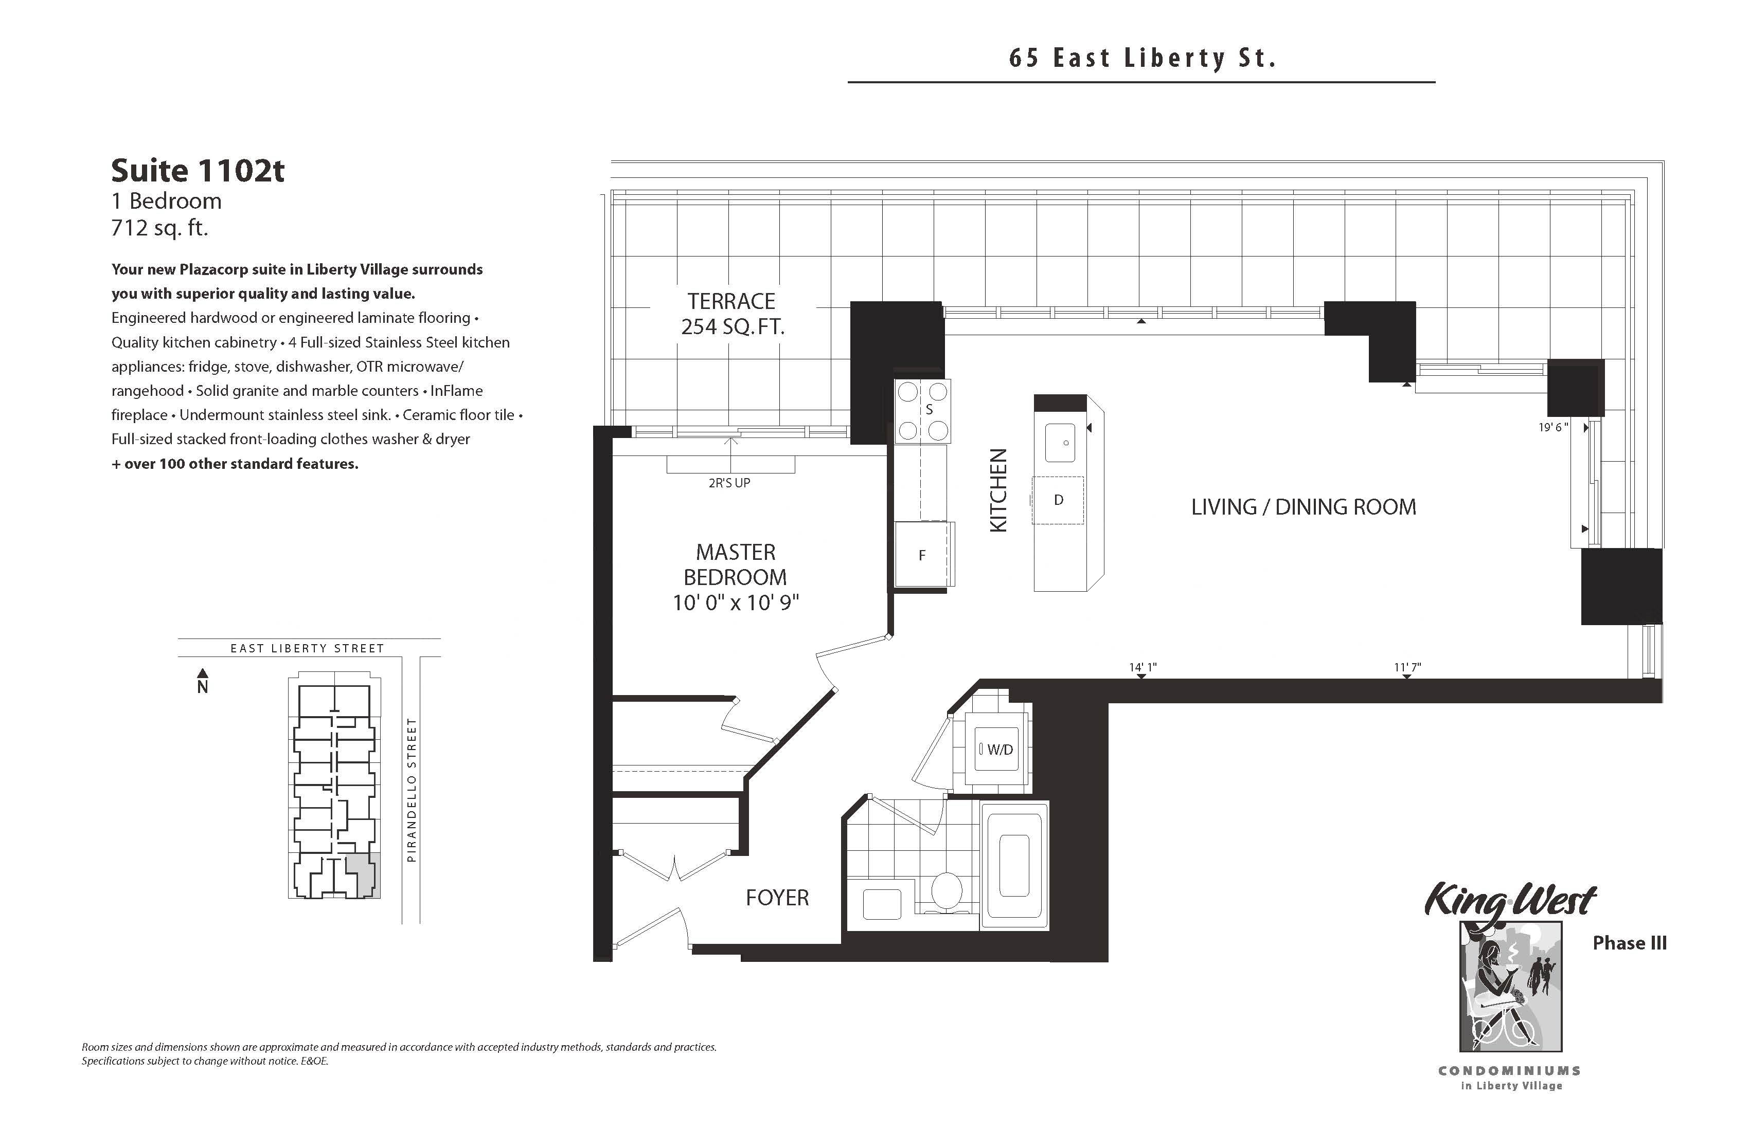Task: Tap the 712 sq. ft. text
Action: pyautogui.click(x=159, y=228)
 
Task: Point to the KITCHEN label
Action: pyautogui.click(x=998, y=490)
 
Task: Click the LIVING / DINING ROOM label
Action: pyautogui.click(x=1304, y=507)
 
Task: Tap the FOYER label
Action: pyautogui.click(x=777, y=898)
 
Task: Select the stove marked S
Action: pyautogui.click(x=922, y=411)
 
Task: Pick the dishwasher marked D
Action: pyautogui.click(x=1058, y=500)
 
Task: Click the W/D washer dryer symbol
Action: pyautogui.click(x=996, y=749)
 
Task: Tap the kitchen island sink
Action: pyautogui.click(x=1060, y=443)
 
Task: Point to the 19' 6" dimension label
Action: pyautogui.click(x=1553, y=427)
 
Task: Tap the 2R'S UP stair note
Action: pyautogui.click(x=729, y=483)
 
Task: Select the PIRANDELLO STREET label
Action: pyautogui.click(x=412, y=790)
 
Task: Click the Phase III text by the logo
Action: pyautogui.click(x=1629, y=943)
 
